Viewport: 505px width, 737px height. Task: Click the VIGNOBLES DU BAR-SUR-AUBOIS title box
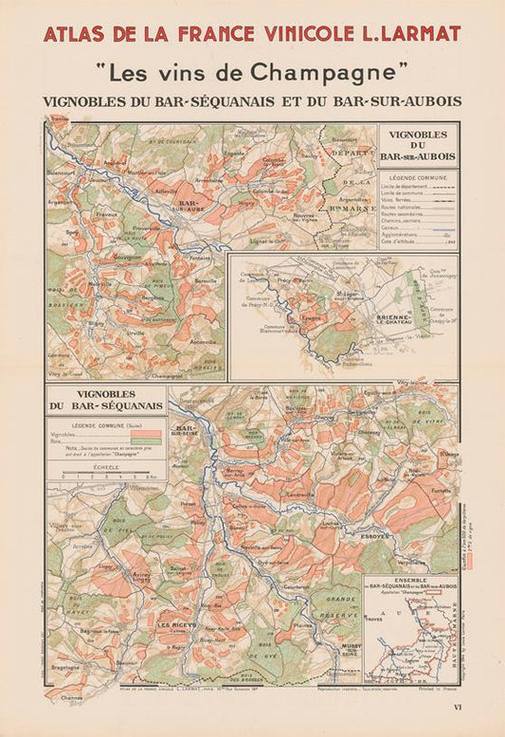tap(417, 145)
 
